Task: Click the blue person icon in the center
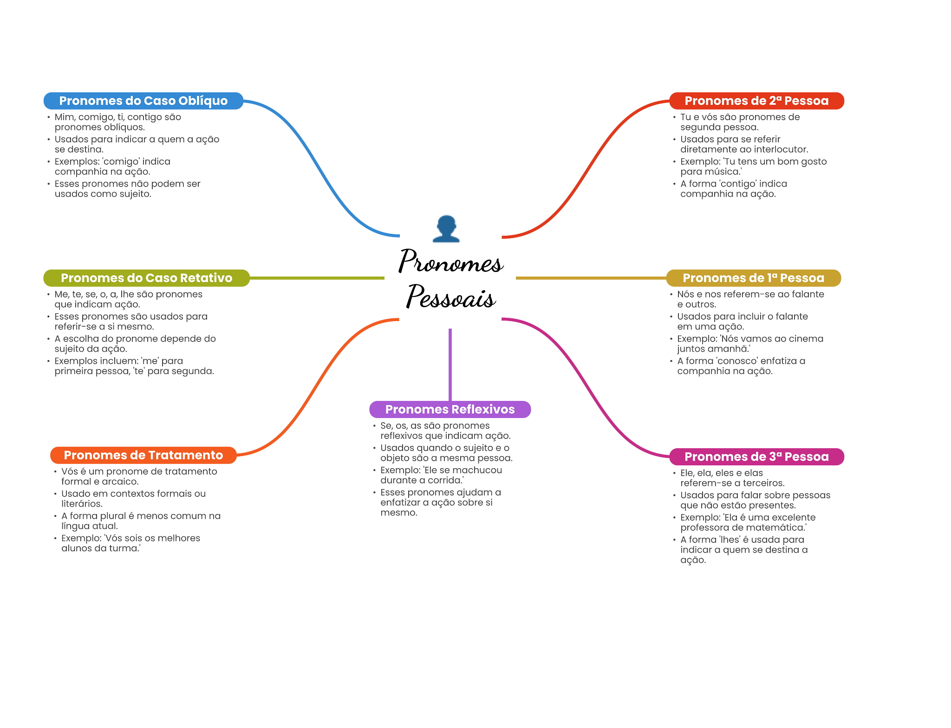coord(446,229)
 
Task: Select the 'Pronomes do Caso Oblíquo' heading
coord(143,101)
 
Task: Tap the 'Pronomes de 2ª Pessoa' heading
coord(756,101)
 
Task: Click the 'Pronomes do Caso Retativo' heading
coord(146,278)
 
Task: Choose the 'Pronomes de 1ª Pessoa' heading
coord(753,278)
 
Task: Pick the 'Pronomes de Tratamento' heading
coord(143,455)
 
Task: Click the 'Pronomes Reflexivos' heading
coord(449,409)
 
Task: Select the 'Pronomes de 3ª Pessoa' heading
coord(756,457)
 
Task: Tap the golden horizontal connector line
coord(590,278)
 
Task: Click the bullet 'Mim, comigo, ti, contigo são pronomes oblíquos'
coord(117,122)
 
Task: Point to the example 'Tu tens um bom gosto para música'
coord(753,167)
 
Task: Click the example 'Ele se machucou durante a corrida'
coord(441,475)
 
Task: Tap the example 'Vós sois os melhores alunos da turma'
coord(130,543)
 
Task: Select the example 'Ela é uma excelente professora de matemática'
coord(748,522)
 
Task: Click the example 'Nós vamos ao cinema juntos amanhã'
coord(750,344)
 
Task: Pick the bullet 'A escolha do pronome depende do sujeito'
coord(135,344)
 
